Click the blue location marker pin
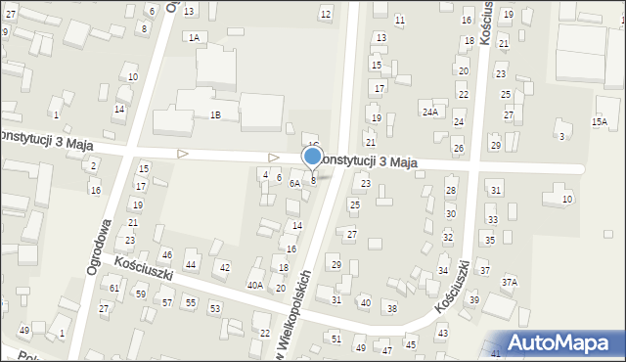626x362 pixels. [x=313, y=157]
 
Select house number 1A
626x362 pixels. [x=194, y=37]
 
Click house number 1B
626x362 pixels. [x=215, y=114]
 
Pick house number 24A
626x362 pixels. [x=429, y=112]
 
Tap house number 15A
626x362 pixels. [x=599, y=121]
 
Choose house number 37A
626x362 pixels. [x=509, y=282]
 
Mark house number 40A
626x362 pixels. [x=254, y=285]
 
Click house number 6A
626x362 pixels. [x=293, y=183]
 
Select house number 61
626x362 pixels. [x=114, y=288]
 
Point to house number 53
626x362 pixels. [x=215, y=308]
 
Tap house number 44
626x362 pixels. [x=191, y=265]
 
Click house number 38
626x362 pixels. [x=391, y=308]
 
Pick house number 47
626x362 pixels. [x=387, y=349]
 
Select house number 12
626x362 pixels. [x=325, y=14]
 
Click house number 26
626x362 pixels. [x=458, y=148]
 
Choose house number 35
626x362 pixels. [x=490, y=240]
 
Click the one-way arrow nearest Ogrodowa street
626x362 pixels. [x=182, y=154]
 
